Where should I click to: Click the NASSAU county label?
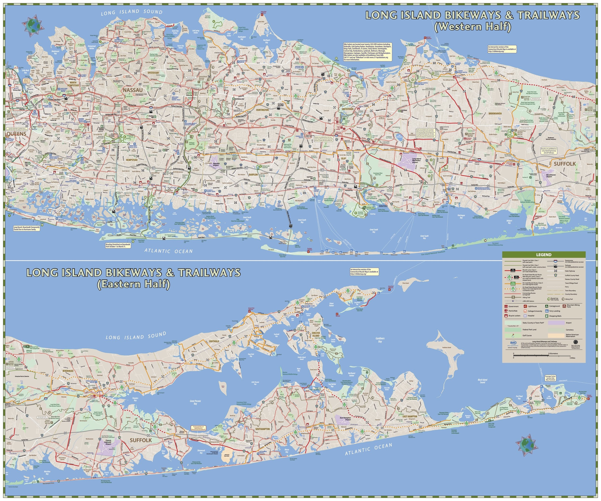[x=132, y=90]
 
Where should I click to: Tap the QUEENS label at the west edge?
[x=16, y=134]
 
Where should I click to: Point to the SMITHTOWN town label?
[x=347, y=109]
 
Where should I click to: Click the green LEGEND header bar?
[x=544, y=254]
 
